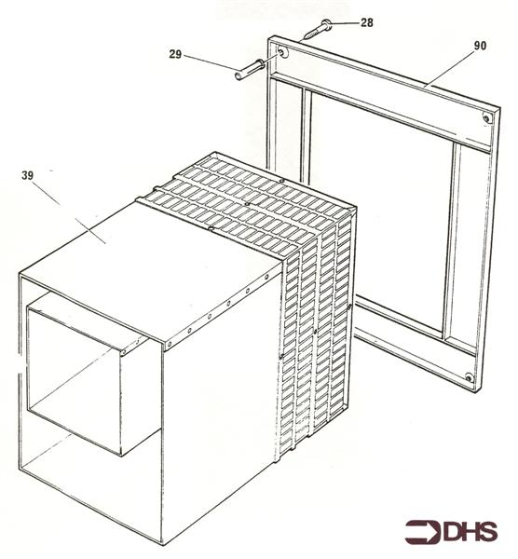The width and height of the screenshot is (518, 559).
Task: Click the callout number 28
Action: point(366,20)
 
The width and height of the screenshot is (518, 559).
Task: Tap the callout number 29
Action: point(175,55)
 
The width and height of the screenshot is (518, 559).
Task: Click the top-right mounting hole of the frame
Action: point(488,119)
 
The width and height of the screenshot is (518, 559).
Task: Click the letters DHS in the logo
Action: point(470,532)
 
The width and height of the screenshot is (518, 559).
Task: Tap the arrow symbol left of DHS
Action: point(423,532)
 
